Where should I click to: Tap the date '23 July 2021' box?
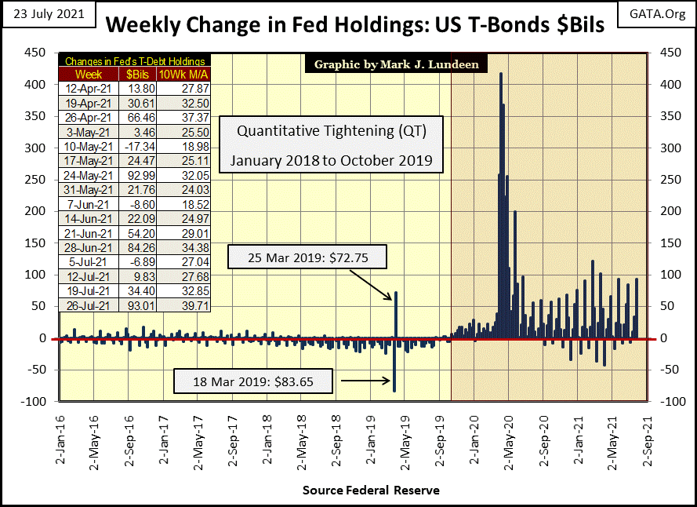(x=48, y=14)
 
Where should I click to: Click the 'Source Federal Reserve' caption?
(x=371, y=491)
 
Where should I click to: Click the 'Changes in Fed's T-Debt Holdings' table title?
(x=135, y=61)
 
